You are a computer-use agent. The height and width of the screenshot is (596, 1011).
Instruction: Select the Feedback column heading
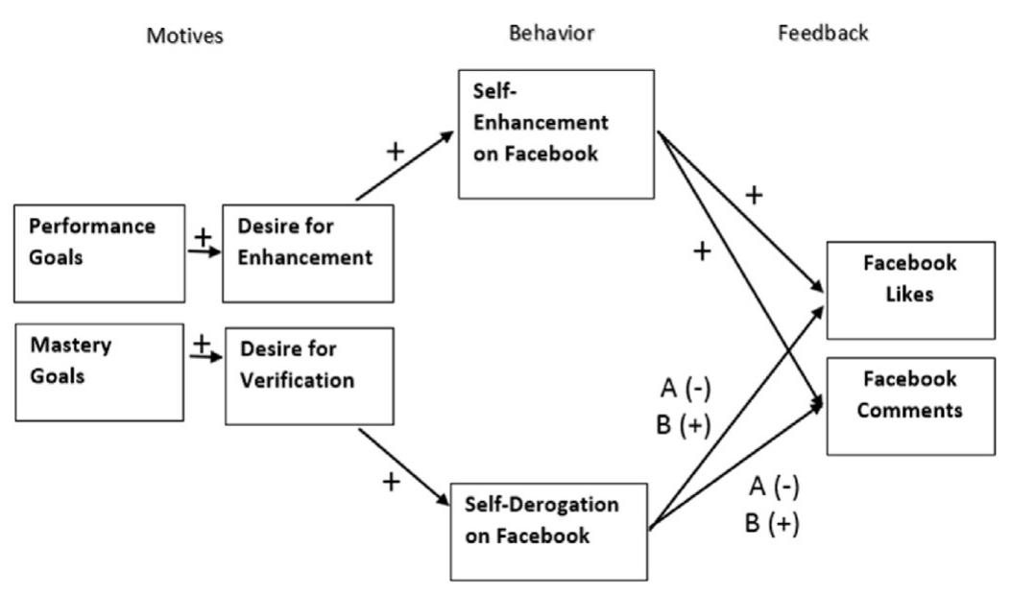click(824, 33)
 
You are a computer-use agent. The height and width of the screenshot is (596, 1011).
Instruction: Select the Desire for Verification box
click(295, 375)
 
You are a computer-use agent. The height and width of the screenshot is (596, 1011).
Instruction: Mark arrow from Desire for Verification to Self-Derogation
click(402, 469)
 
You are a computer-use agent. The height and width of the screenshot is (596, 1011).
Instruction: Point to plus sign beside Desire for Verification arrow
click(391, 480)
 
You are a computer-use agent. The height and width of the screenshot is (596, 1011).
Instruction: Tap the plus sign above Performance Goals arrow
click(202, 235)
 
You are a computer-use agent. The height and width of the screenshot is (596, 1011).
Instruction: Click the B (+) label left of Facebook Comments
click(685, 424)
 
